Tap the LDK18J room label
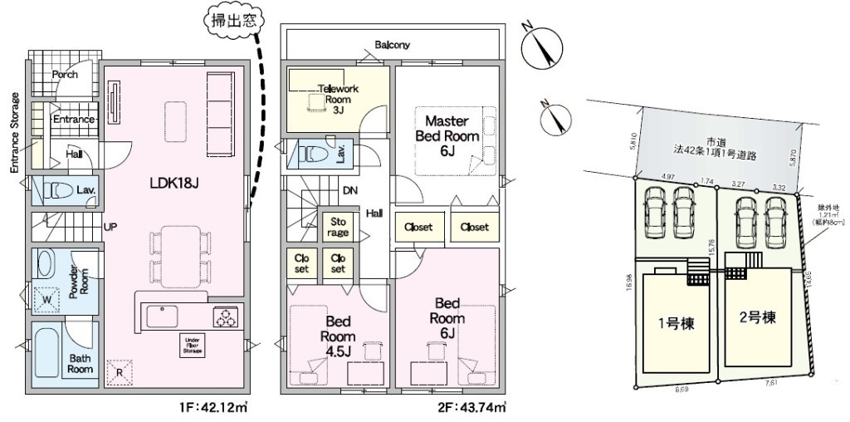(x=172, y=181)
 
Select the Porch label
(x=65, y=75)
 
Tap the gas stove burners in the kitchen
(x=225, y=316)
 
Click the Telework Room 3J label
(x=337, y=97)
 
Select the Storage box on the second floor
(x=338, y=228)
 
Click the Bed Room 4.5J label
(x=340, y=336)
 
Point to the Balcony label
(x=392, y=45)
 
